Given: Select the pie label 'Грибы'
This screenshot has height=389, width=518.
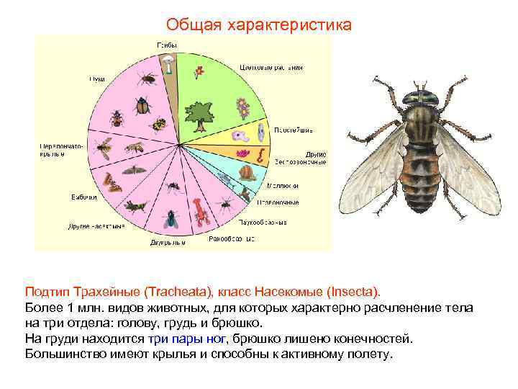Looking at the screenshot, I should point(168,46).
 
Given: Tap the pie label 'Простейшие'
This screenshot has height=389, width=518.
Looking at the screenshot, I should point(291,130).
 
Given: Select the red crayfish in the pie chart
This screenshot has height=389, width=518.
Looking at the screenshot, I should point(201,210).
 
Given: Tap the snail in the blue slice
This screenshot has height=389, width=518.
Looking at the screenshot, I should point(248,173).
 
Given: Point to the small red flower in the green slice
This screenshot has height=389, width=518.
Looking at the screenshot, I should point(199,73).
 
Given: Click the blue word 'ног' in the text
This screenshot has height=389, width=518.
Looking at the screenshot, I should point(217,338).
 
